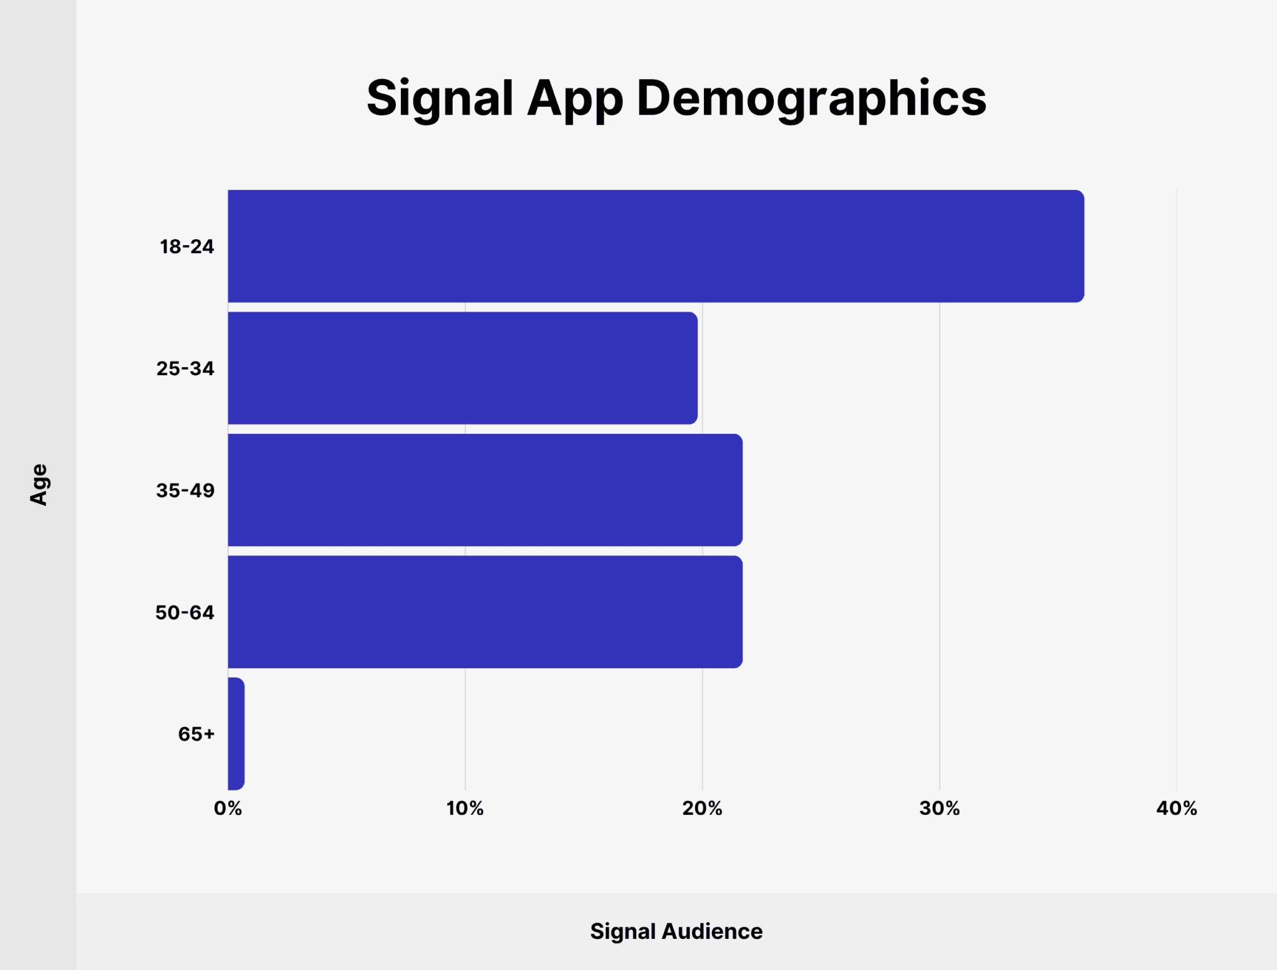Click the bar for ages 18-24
[x=655, y=246]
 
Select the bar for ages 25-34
[x=462, y=368]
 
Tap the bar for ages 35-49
[x=484, y=490]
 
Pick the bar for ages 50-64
[x=484, y=612]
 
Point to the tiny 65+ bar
[x=236, y=734]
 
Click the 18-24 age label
[x=186, y=247]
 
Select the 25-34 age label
[x=185, y=368]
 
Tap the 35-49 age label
[x=185, y=491]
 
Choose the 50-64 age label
[x=185, y=612]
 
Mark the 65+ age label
[x=196, y=734]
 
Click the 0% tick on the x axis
[x=228, y=809]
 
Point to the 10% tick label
[x=465, y=809]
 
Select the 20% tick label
[x=702, y=809]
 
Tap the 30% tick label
[x=939, y=809]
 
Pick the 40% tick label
[x=1177, y=809]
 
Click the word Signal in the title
[x=440, y=98]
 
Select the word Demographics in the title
[x=811, y=98]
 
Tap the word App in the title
[x=574, y=98]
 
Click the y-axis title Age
[x=39, y=484]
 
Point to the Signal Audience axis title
[x=676, y=931]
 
